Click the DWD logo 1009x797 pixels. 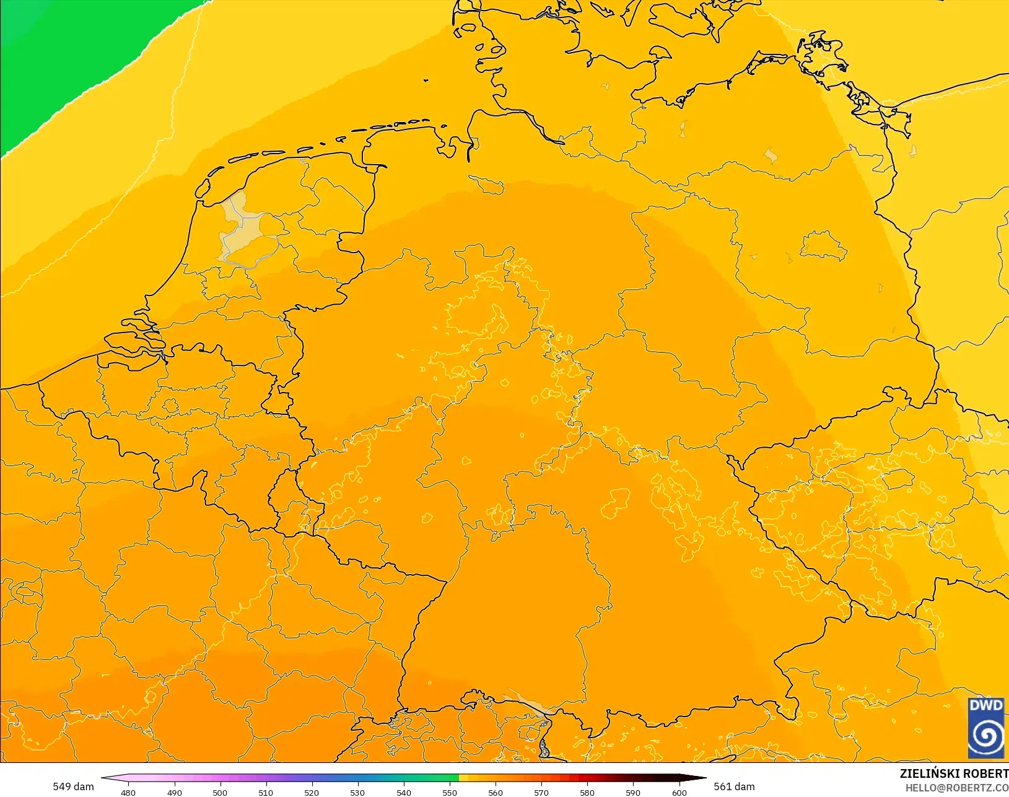pyautogui.click(x=986, y=728)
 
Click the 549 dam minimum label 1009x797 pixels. pyautogui.click(x=73, y=786)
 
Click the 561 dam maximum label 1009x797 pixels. pyautogui.click(x=734, y=786)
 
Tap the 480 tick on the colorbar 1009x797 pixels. pyautogui.click(x=128, y=792)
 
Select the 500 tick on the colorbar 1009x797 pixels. pyautogui.click(x=220, y=792)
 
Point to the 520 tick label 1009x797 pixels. pyautogui.click(x=312, y=792)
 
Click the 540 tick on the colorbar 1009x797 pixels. pyautogui.click(x=404, y=792)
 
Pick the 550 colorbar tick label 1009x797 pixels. pyautogui.click(x=450, y=792)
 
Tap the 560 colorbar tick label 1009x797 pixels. pyautogui.click(x=496, y=792)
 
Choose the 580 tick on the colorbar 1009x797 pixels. pyautogui.click(x=587, y=792)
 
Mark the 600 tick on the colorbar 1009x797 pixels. pyautogui.click(x=679, y=792)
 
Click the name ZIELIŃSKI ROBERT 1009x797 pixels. pyautogui.click(x=954, y=773)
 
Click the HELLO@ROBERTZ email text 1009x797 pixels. pyautogui.click(x=957, y=788)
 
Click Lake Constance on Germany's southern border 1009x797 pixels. pyautogui.click(x=526, y=703)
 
